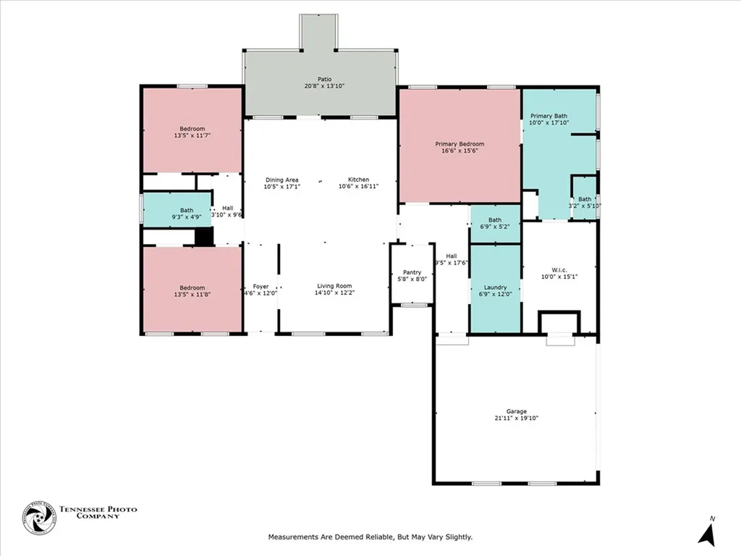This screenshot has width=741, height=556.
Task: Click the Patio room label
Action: point(323,79)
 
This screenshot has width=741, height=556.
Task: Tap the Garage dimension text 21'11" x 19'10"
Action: point(516,418)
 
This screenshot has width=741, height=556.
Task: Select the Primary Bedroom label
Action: point(460,144)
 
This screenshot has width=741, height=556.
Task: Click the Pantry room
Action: point(412,276)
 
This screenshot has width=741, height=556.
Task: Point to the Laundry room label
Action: point(495,287)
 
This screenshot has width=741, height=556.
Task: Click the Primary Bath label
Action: point(549,116)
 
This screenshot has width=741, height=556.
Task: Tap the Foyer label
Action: point(261,287)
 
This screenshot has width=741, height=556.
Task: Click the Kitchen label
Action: point(358,180)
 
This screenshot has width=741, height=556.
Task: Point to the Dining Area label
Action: point(281,180)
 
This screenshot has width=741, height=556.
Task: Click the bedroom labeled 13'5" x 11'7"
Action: point(192,131)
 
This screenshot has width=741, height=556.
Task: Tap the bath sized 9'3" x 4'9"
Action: point(177,210)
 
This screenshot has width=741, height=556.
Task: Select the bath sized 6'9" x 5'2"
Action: point(495,224)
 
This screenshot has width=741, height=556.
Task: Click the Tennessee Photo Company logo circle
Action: point(38,519)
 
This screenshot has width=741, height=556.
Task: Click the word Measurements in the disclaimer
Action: point(292,537)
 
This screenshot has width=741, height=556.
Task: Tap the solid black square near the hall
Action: point(204,237)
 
